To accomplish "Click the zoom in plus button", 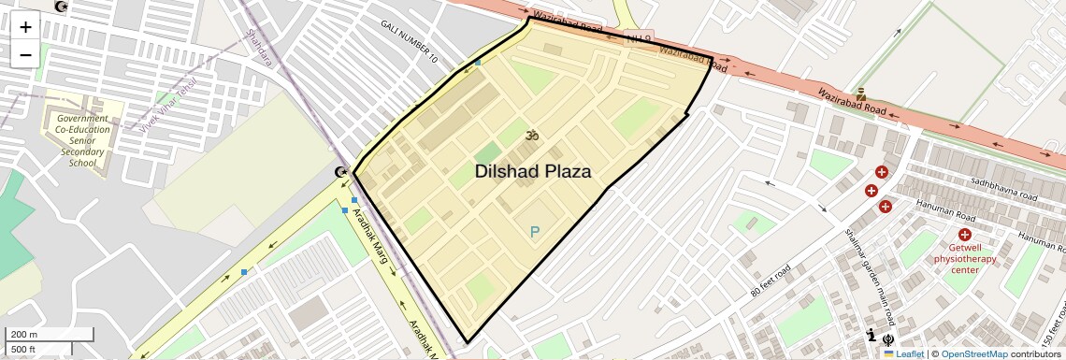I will click(x=25, y=26).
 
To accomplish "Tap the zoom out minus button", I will click(x=25, y=54).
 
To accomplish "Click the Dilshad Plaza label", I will click(x=533, y=172).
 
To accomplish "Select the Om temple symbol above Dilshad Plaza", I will click(x=533, y=137).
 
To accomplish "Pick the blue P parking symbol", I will click(x=535, y=232).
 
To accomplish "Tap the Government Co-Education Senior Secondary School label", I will click(x=82, y=140).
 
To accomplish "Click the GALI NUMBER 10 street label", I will click(x=409, y=41).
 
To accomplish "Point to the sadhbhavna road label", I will click(x=1004, y=190).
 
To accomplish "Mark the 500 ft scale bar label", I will click(x=23, y=349).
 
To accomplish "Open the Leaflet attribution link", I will click(x=907, y=353).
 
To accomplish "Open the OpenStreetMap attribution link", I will click(x=974, y=353).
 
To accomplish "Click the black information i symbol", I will click(x=872, y=337).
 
